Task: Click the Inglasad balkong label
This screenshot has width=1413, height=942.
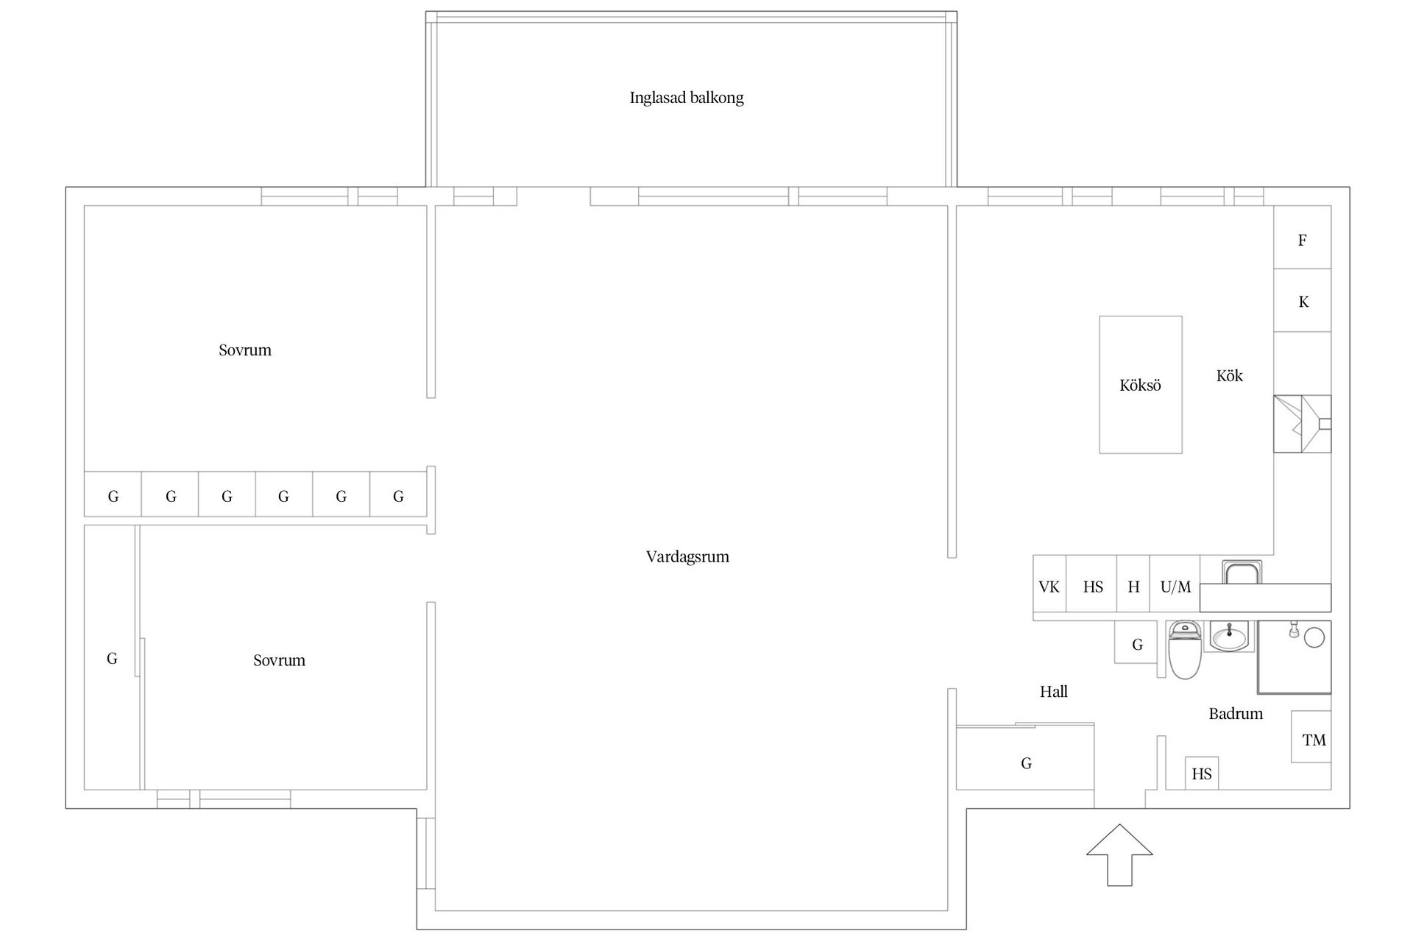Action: coord(687,98)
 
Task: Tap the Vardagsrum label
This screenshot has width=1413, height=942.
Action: coord(687,557)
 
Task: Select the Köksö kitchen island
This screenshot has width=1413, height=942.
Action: coord(1141,385)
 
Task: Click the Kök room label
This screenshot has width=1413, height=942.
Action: coord(1229,376)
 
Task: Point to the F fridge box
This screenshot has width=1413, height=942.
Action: coord(1303,237)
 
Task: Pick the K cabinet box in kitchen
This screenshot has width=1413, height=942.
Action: coord(1303,300)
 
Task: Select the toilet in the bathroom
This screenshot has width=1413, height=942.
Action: coord(1185,648)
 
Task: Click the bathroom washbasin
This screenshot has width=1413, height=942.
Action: coord(1230,636)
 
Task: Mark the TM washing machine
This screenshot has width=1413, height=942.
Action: coord(1311,737)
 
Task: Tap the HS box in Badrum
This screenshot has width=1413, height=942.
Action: coord(1202,773)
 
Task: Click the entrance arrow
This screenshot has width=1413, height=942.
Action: coord(1119,855)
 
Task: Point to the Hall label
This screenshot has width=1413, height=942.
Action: coord(1054,692)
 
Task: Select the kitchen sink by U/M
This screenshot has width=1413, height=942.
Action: coord(1243,572)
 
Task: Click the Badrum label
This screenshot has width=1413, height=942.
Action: coord(1236,714)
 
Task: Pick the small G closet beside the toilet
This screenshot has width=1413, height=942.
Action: coord(1137,642)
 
